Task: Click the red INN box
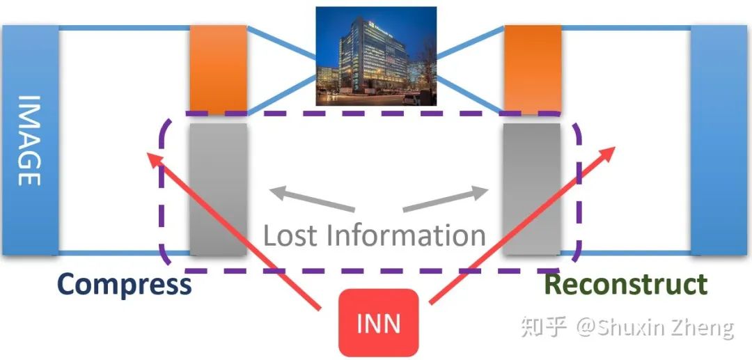click(x=378, y=323)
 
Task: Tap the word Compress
click(x=124, y=285)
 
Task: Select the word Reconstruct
click(x=625, y=285)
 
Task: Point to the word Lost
click(x=291, y=236)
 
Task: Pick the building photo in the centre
click(x=376, y=56)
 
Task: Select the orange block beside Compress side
click(x=219, y=69)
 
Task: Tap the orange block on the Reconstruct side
click(x=533, y=69)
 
